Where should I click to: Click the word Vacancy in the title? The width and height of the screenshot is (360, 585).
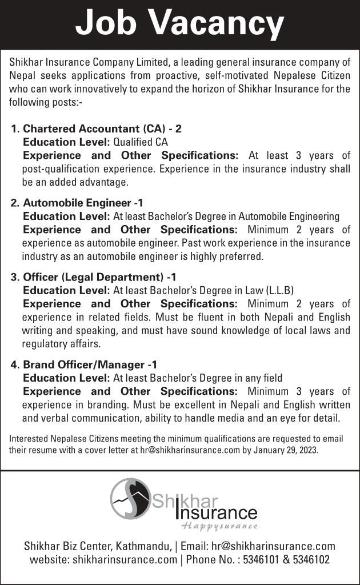pyautogui.click(x=221, y=24)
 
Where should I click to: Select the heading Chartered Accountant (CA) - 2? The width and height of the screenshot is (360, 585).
pyautogui.click(x=102, y=130)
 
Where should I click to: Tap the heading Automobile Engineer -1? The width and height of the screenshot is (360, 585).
pyautogui.click(x=83, y=203)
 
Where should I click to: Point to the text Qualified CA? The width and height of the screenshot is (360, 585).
pyautogui.click(x=141, y=142)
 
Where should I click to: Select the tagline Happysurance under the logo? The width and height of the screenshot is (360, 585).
pyautogui.click(x=219, y=526)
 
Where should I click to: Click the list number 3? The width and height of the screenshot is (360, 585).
pyautogui.click(x=15, y=278)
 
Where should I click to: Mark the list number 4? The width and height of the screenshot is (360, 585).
pyautogui.click(x=15, y=364)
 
